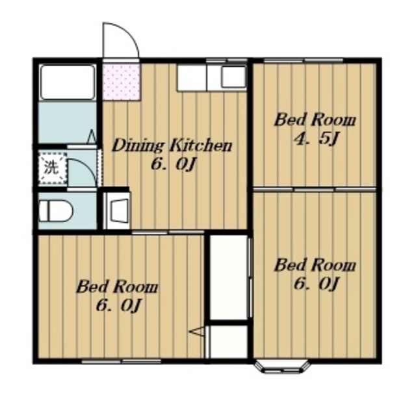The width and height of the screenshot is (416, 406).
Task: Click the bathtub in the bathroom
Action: [68, 82]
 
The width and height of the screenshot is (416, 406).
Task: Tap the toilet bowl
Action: [55, 210]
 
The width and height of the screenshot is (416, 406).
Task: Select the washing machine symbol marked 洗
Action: [53, 168]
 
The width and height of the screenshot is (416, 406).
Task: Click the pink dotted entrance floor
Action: [122, 82]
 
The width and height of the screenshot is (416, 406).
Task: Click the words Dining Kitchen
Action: [172, 146]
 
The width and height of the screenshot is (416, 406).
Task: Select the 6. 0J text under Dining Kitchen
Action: [174, 165]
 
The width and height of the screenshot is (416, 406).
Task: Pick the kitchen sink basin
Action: [233, 77]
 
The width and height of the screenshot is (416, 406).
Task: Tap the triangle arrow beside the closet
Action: [197, 332]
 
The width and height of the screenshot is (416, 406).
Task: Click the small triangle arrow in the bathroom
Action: [92, 136]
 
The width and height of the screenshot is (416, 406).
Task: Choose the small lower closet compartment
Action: [229, 342]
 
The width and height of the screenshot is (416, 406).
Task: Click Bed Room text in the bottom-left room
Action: [117, 288]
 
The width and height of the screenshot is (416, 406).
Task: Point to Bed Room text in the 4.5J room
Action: [315, 120]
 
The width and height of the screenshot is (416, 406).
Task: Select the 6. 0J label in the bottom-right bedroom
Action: [316, 284]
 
